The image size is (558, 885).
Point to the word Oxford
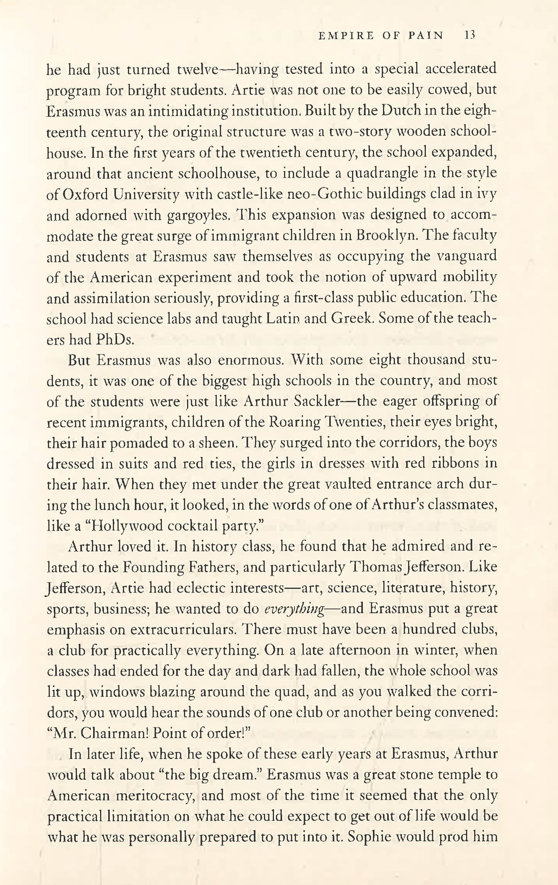click(x=85, y=194)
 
